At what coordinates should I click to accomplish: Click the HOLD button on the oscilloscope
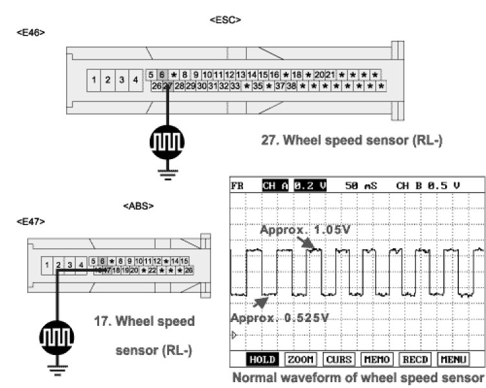pos(262,358)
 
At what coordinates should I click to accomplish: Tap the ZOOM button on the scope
pos(301,358)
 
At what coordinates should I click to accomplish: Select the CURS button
pos(339,358)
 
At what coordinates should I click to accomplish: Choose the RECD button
pos(415,358)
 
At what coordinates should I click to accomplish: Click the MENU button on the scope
pos(453,358)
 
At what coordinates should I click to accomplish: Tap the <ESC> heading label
pos(226,20)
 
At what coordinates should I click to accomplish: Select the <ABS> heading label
pos(138,206)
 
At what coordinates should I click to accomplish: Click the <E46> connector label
pos(31,32)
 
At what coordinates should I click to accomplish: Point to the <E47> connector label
pos(31,221)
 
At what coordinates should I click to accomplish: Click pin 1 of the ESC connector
pos(94,80)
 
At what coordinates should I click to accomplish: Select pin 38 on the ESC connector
pos(292,85)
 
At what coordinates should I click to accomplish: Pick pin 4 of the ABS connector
pos(80,264)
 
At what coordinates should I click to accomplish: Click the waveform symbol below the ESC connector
pos(167,141)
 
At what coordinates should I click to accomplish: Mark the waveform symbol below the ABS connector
pos(57,337)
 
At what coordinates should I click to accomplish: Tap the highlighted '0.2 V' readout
pos(311,186)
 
